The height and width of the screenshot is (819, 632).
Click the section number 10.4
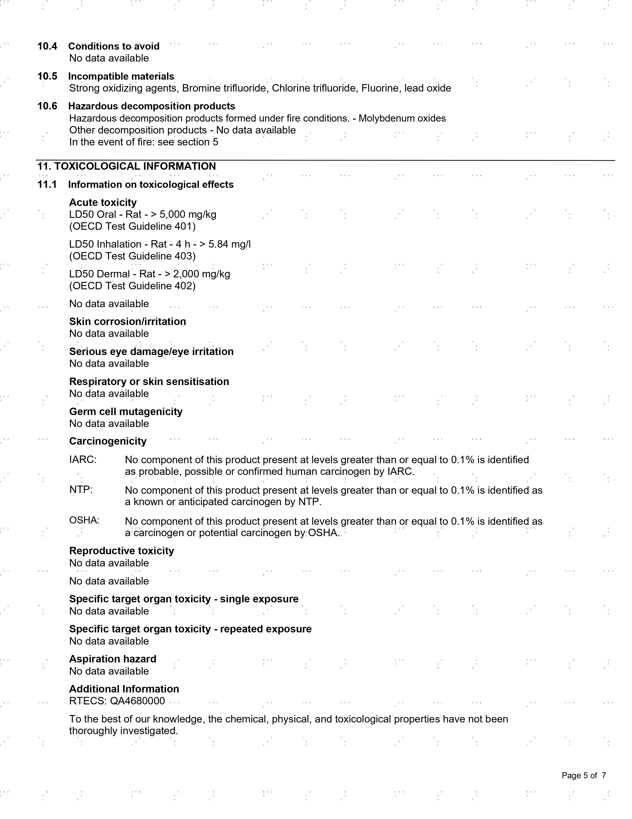[47, 46]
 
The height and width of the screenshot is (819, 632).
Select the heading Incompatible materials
[121, 76]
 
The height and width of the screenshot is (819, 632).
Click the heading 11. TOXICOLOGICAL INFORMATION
[127, 166]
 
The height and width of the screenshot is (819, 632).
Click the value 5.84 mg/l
[229, 244]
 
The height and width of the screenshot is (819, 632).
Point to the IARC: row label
[83, 459]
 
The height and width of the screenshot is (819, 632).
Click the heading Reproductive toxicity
[121, 551]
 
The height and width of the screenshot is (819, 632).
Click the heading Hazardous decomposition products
[151, 106]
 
